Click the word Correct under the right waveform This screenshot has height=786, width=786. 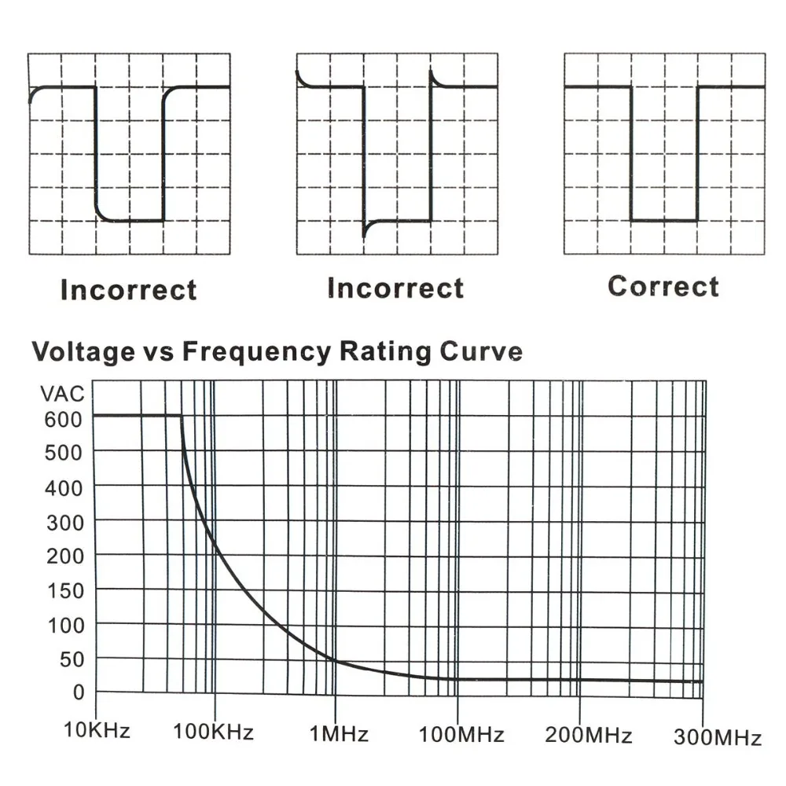(x=663, y=286)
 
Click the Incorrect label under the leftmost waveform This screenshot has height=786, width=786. (x=128, y=289)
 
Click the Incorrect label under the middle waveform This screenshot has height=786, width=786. (x=395, y=288)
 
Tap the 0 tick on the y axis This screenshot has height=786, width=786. (x=78, y=692)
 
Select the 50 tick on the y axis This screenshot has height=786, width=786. (x=71, y=659)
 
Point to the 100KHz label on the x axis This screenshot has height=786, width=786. (x=214, y=733)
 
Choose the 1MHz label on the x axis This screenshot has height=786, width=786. (x=339, y=734)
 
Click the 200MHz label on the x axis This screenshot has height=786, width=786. (x=588, y=736)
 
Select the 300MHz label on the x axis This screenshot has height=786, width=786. (x=717, y=738)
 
